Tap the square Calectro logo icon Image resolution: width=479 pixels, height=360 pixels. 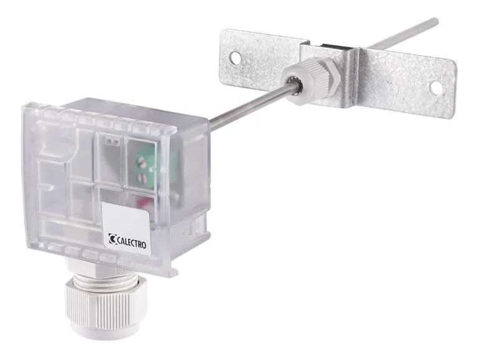(x=112, y=239)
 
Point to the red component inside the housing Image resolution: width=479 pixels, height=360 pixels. (x=143, y=201)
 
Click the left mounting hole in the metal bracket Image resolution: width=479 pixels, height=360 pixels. (x=235, y=58)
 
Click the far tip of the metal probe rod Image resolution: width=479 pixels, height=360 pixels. (x=437, y=21)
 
